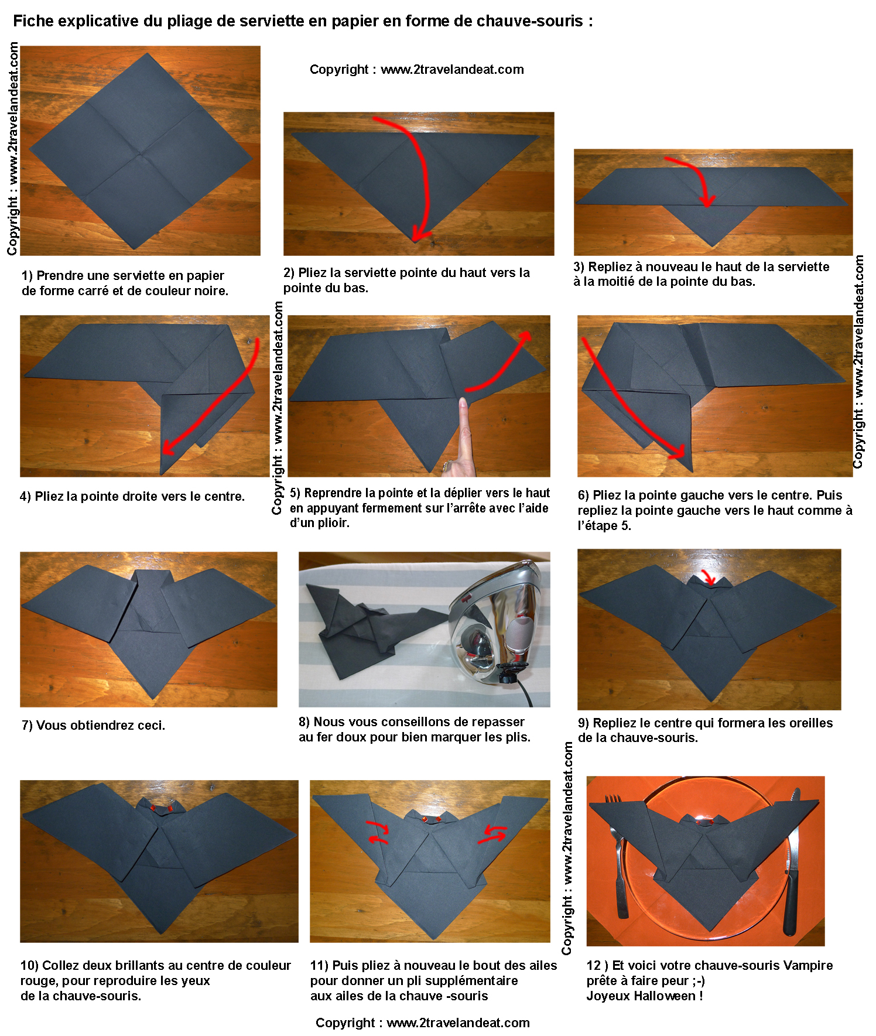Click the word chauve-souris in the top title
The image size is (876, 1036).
529,21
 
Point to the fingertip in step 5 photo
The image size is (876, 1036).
463,402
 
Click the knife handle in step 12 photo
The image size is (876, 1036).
791,902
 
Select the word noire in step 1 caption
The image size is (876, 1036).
210,291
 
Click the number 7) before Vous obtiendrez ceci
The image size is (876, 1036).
27,726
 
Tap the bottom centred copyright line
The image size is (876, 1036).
423,1023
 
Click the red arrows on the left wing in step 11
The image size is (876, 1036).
377,832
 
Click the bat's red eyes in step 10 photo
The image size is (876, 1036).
161,809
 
